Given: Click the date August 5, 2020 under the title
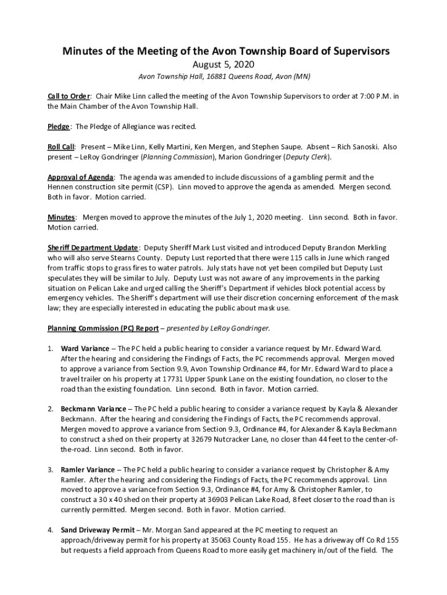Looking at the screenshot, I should click(223, 64).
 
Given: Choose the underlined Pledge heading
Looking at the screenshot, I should click(59, 126).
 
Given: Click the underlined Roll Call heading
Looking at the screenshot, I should click(61, 147).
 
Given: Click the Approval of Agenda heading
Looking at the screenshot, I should click(81, 177).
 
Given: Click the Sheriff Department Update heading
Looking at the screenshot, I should click(93, 248).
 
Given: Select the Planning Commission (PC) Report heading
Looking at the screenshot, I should click(103, 328).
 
